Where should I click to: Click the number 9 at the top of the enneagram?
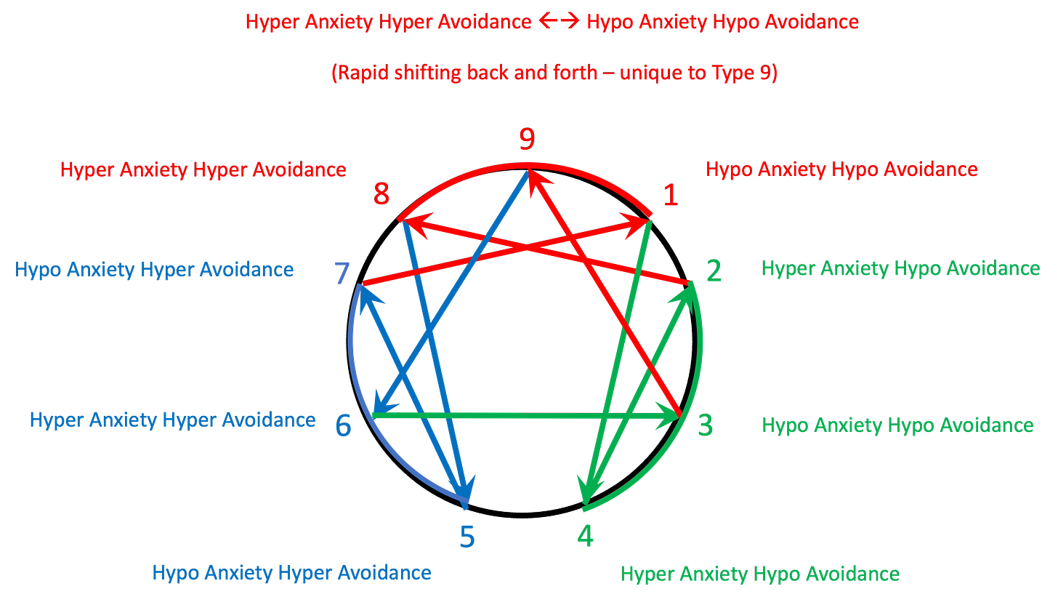point(528,140)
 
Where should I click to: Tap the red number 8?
point(381,195)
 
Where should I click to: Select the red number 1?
point(670,195)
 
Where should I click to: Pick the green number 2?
point(714,271)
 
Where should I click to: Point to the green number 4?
point(585,537)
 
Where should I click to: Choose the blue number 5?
point(467,537)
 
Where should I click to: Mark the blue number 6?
point(343,425)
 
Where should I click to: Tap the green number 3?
point(705,425)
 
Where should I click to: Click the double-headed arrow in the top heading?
point(559,23)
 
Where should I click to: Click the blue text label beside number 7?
point(154,270)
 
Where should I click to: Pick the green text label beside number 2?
point(900,269)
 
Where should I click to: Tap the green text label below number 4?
point(760,573)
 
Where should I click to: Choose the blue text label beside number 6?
point(172,420)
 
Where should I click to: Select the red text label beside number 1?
point(841,169)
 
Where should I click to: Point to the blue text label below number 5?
point(291,572)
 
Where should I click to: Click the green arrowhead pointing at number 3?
point(667,416)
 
